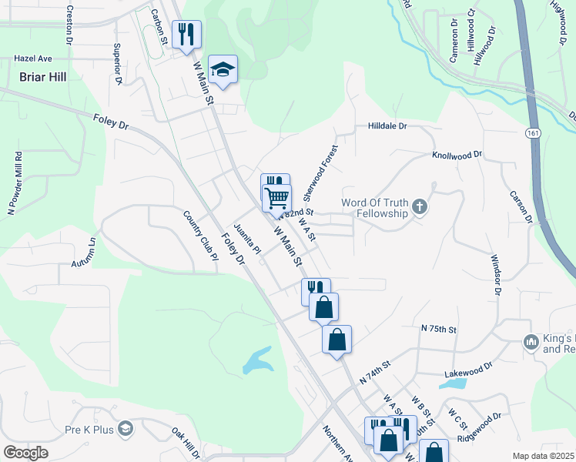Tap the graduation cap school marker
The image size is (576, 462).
point(223,70)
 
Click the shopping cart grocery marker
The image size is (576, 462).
point(276,197)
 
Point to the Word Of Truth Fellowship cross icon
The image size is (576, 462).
point(420,206)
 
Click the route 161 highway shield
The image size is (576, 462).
point(533,133)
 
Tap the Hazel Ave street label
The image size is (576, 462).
point(33,59)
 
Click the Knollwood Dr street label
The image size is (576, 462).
point(457,155)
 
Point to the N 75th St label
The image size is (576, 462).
point(439,329)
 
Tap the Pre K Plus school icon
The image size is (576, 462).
point(126,428)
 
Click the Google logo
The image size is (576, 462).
point(26,453)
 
